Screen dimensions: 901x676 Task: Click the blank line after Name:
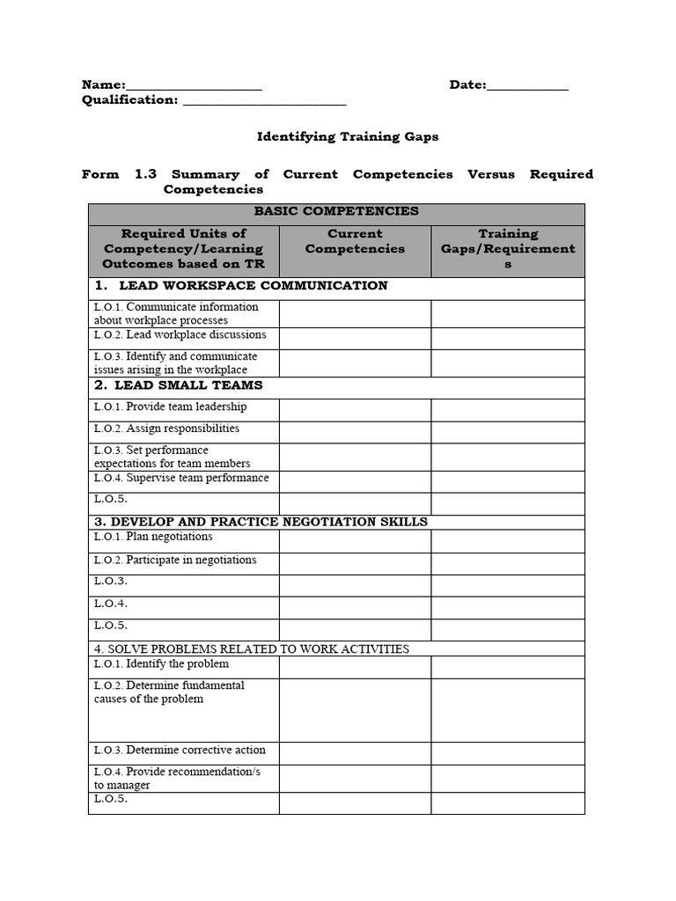coord(194,86)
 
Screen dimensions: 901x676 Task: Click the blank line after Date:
coord(527,86)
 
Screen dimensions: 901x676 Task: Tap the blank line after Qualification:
coord(263,101)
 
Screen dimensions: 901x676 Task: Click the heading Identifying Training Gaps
coord(347,136)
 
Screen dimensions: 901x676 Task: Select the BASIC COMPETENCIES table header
coord(336,211)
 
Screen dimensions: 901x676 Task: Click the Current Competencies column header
coord(355,241)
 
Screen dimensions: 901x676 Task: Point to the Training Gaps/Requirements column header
coord(507,248)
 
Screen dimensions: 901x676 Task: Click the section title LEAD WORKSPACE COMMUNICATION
coord(252,286)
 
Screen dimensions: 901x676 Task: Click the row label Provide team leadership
coord(170,407)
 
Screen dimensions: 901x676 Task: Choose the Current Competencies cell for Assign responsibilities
coord(355,431)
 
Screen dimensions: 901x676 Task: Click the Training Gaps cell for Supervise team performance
coord(507,480)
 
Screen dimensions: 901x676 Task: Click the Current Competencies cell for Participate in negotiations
coord(355,563)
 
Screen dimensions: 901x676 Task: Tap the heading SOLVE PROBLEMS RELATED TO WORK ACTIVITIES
coord(252,649)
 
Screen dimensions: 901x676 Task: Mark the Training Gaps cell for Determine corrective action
coord(507,752)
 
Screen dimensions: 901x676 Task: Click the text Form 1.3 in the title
coord(119,174)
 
